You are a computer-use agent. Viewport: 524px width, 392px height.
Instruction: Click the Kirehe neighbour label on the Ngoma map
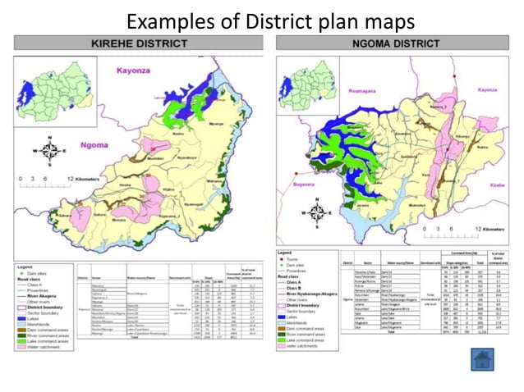pos(497,185)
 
